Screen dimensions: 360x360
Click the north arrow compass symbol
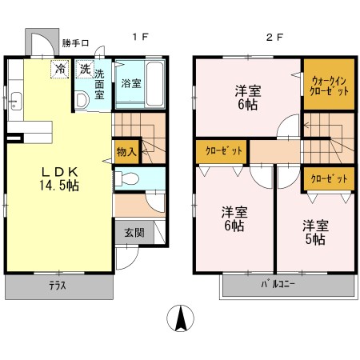(x=180, y=318)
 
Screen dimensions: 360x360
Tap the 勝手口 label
(x=75, y=43)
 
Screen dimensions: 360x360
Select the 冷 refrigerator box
(x=60, y=69)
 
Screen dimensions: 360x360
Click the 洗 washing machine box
(x=85, y=69)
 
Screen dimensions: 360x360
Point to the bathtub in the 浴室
(x=154, y=84)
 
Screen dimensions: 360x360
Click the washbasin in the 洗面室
(x=82, y=100)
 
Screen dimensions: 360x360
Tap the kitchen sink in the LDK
(x=16, y=101)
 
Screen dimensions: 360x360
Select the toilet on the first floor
(x=127, y=178)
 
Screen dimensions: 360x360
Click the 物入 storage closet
(x=126, y=152)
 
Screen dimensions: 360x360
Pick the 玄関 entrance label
(x=134, y=233)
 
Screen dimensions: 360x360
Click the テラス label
(x=58, y=286)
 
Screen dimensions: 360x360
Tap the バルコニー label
(x=278, y=284)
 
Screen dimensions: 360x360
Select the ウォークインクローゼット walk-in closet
(x=329, y=84)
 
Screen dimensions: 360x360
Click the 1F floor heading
(x=141, y=37)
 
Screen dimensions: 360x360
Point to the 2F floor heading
(x=274, y=37)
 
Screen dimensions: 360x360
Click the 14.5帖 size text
(x=59, y=186)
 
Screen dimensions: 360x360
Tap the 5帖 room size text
(x=315, y=239)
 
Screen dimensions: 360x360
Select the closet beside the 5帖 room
(x=329, y=178)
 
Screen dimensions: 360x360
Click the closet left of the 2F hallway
(x=222, y=151)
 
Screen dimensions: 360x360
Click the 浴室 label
(x=131, y=83)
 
